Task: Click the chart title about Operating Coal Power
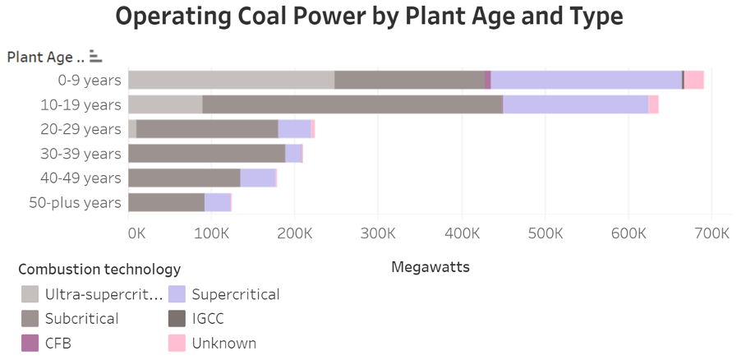pyautogui.click(x=369, y=17)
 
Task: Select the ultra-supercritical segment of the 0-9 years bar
pyautogui.click(x=232, y=80)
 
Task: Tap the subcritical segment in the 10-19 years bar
pyautogui.click(x=352, y=104)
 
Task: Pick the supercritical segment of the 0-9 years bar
pyautogui.click(x=586, y=80)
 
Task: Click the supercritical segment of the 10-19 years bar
pyautogui.click(x=575, y=104)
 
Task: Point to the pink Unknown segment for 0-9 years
pyautogui.click(x=694, y=80)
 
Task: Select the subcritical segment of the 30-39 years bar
pyautogui.click(x=207, y=154)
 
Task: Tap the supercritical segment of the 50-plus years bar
pyautogui.click(x=218, y=202)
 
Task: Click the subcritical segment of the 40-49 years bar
pyautogui.click(x=184, y=178)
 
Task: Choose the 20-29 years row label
pyautogui.click(x=81, y=129)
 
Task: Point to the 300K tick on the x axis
pyautogui.click(x=379, y=233)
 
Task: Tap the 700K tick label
pyautogui.click(x=711, y=233)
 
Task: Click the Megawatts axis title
pyautogui.click(x=431, y=267)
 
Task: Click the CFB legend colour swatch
pyautogui.click(x=30, y=343)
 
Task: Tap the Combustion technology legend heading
pyautogui.click(x=99, y=269)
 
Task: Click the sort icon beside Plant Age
pyautogui.click(x=95, y=57)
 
